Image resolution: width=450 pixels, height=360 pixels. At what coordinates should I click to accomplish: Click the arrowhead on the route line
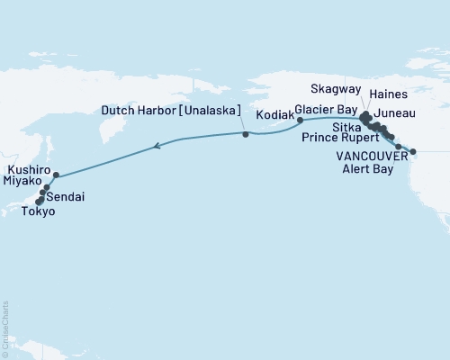coord(157,145)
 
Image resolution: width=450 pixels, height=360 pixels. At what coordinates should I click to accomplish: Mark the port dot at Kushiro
coord(57,175)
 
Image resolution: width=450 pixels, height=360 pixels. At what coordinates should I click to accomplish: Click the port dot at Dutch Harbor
coord(246,134)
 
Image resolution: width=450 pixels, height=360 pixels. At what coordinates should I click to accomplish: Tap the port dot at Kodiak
coord(301,119)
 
